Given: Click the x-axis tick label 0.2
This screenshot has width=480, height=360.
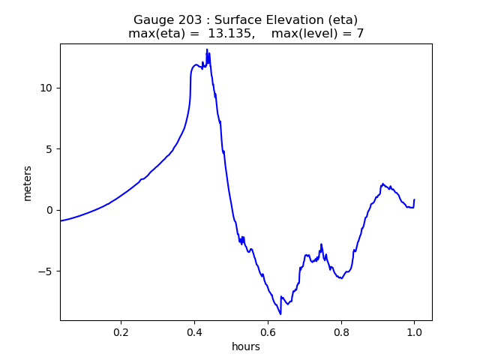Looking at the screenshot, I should coord(121,332).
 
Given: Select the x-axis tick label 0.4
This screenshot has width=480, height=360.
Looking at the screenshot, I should coord(194,332).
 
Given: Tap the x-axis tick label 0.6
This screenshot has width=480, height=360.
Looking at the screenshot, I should coord(268,332).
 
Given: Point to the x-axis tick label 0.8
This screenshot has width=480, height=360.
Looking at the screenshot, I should coord(340,332).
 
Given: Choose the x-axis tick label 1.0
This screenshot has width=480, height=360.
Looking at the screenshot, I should coord(414,332).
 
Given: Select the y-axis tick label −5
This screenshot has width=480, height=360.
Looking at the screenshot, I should coord(47,271).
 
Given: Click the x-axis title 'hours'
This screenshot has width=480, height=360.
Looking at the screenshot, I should coord(246,346).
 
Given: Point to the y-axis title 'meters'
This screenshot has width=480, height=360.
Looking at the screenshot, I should coord(28,183).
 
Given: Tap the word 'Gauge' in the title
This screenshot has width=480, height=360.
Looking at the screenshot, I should coord(151,20).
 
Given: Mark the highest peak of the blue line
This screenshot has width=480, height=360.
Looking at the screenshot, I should coord(207,49).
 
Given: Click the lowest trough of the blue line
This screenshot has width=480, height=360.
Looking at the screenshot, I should coord(280,313).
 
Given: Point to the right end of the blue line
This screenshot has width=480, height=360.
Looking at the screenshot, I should coord(414,200).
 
